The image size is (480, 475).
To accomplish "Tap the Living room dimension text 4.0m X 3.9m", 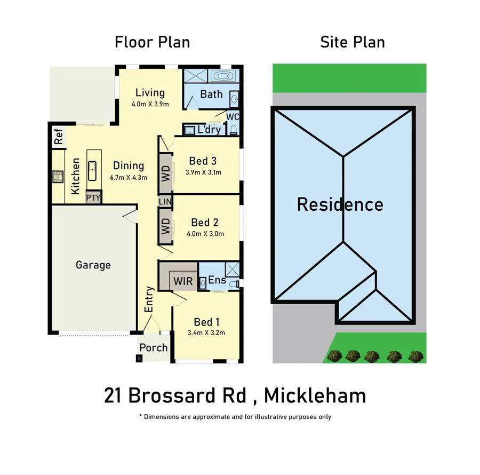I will coord(150,104).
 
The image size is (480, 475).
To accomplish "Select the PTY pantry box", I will coord(93,197).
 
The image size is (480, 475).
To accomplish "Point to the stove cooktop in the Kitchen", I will coord(58,177).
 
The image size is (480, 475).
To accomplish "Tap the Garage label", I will coord(93,265).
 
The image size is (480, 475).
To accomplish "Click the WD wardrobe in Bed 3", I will coord(165,173).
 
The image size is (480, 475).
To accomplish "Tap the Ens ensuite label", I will coord(217,280).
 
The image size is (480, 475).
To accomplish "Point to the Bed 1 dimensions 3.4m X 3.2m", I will coord(206,332).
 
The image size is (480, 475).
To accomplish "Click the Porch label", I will coord(154,347).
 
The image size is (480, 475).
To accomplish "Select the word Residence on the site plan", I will coord(340,204).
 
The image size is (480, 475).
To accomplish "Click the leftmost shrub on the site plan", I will coord(334,355).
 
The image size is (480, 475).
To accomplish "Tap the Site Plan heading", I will coord(353,42).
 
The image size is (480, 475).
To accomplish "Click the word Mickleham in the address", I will coord(315,395).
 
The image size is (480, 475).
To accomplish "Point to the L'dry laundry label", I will coord(209,130).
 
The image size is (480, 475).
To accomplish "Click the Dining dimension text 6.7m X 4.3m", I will coord(129,177).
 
